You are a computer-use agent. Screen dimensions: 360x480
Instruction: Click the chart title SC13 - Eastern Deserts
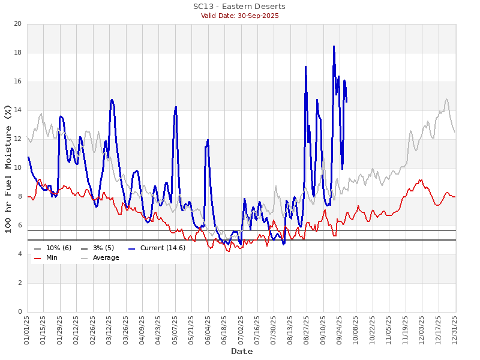pyautogui.click(x=239, y=7)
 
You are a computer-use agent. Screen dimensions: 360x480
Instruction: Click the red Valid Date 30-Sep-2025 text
pyautogui.click(x=239, y=16)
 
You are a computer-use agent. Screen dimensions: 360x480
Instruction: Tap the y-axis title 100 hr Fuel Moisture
pyautogui.click(x=8, y=168)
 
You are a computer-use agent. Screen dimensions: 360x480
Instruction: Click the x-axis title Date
pyautogui.click(x=242, y=351)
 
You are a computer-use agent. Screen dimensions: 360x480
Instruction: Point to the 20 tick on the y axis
pyautogui.click(x=17, y=24)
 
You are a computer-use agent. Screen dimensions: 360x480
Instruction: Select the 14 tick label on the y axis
pyautogui.click(x=17, y=110)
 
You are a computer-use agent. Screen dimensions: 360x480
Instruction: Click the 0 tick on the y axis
pyautogui.click(x=19, y=312)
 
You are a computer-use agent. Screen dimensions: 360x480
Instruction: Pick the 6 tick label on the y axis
pyautogui.click(x=19, y=226)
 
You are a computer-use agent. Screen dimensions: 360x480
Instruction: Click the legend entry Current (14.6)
pyautogui.click(x=163, y=248)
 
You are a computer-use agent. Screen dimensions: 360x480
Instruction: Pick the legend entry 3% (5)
pyautogui.click(x=105, y=248)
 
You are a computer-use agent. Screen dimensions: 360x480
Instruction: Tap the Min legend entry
pyautogui.click(x=52, y=258)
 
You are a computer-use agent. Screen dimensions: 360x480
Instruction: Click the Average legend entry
pyautogui.click(x=106, y=258)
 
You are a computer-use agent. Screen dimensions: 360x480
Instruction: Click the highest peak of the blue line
pyautogui.click(x=334, y=46)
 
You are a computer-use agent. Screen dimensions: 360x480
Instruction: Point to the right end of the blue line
pyautogui.click(x=346, y=101)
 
